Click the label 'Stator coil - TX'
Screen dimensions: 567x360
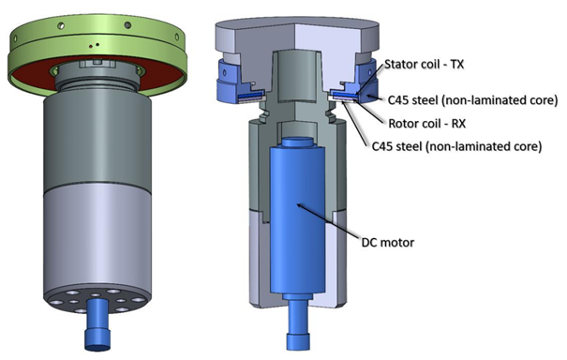(424, 65)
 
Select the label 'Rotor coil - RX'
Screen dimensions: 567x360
(426, 124)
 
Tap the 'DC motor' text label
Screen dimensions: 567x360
(388, 242)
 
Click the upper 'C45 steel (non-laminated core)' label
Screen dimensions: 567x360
(472, 100)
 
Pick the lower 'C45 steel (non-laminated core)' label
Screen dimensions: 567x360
(456, 146)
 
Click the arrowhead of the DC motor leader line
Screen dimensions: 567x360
(298, 205)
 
